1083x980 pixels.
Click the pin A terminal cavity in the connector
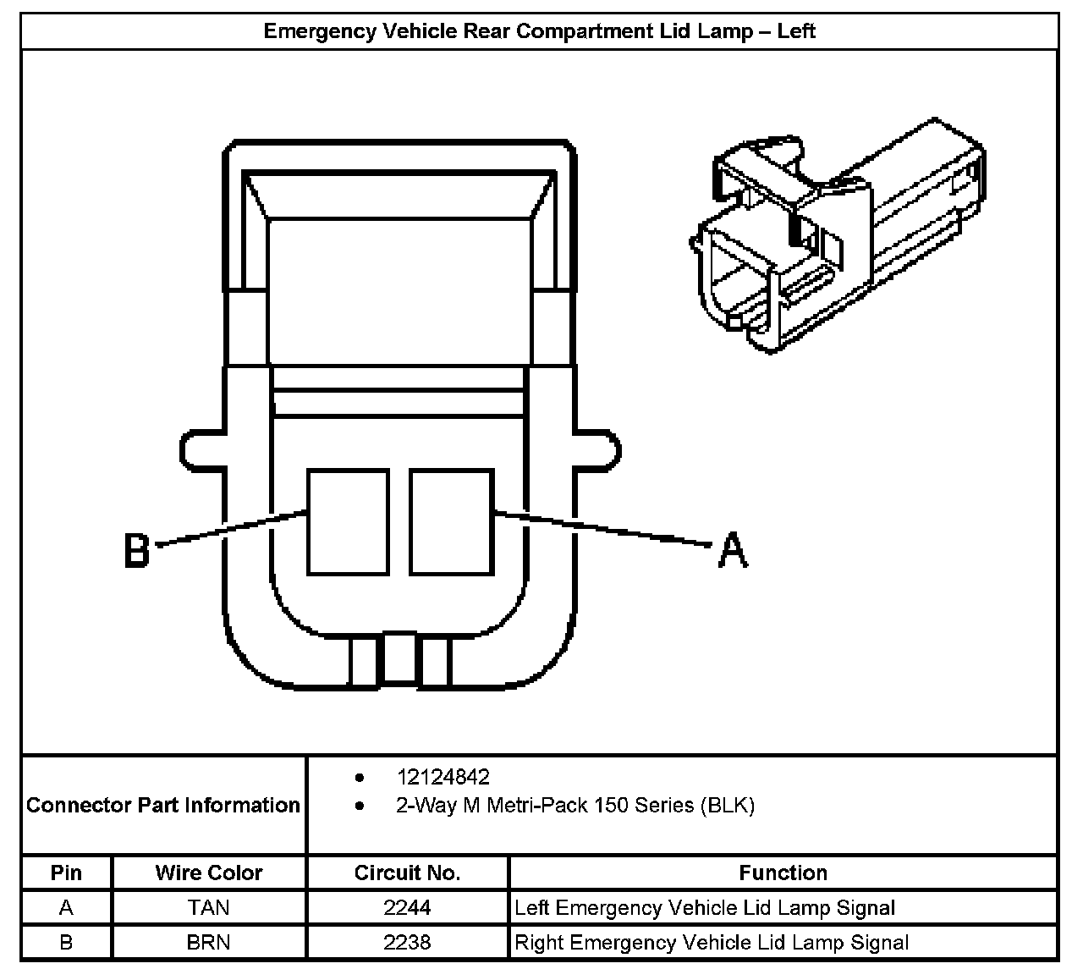[x=450, y=522]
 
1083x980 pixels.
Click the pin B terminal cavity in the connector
[x=348, y=522]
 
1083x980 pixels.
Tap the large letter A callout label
[x=733, y=549]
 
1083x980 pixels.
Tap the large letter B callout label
[x=137, y=550]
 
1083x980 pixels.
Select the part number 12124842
[x=443, y=777]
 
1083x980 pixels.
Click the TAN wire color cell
[x=208, y=908]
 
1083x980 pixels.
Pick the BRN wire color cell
[x=208, y=943]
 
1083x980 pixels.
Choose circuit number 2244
[x=407, y=908]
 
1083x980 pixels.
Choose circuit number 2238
[x=407, y=943]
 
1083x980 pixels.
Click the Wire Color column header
[x=208, y=873]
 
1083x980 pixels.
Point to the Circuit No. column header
[x=407, y=873]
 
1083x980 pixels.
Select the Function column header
[x=783, y=873]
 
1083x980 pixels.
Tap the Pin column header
[x=66, y=873]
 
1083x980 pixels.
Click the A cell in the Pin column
[x=66, y=908]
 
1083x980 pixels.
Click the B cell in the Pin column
[x=66, y=943]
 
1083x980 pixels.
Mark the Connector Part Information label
[x=163, y=805]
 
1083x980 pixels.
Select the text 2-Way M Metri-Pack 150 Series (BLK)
[x=575, y=805]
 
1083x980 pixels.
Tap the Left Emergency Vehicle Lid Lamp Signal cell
[x=705, y=908]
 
